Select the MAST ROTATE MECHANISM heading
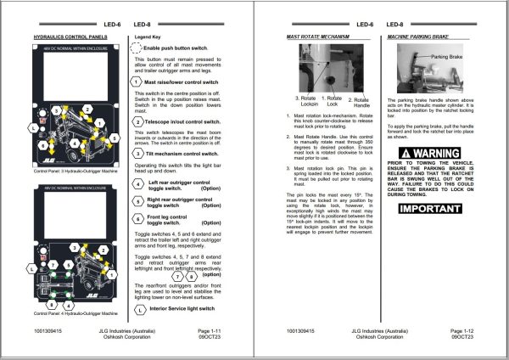pyautogui.click(x=318, y=38)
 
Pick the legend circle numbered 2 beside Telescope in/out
pyautogui.click(x=138, y=122)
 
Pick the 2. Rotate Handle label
pyautogui.click(x=360, y=102)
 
